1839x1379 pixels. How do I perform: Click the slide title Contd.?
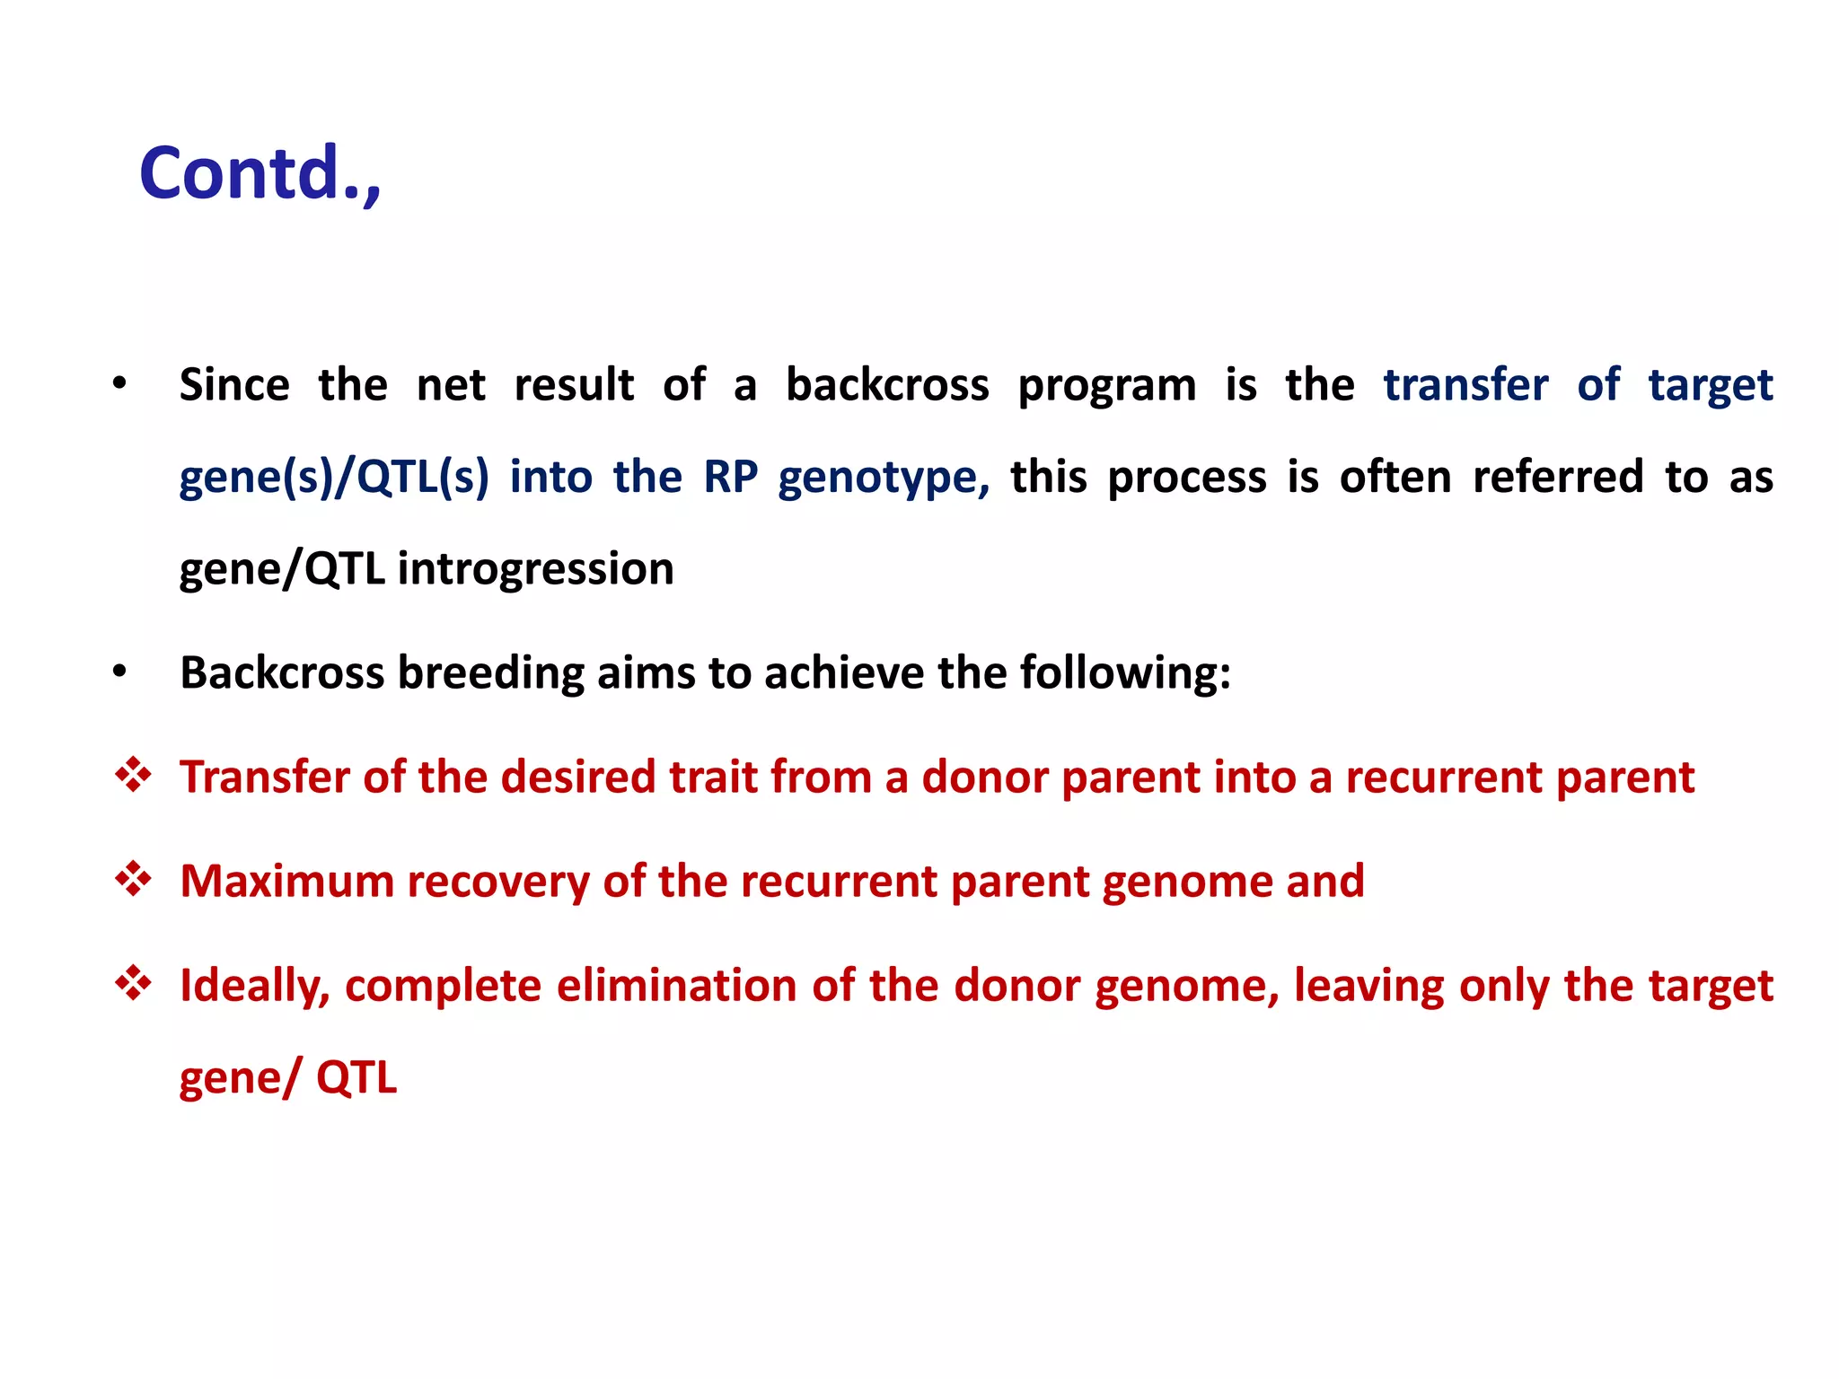click(x=260, y=174)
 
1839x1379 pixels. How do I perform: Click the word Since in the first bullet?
click(x=233, y=385)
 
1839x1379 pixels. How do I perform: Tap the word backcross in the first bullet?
click(x=886, y=385)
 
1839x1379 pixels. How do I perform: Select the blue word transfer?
click(x=1465, y=385)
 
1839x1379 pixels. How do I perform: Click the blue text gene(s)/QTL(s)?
click(x=333, y=478)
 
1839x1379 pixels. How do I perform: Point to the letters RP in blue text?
click(x=730, y=478)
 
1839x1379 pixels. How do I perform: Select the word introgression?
click(x=535, y=569)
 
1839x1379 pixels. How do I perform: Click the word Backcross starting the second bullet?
click(x=281, y=673)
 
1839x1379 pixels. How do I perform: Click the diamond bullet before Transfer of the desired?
click(x=133, y=775)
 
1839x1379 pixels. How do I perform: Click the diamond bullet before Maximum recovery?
click(x=133, y=879)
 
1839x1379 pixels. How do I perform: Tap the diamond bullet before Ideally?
click(x=133, y=983)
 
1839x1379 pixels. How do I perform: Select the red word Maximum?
click(x=286, y=882)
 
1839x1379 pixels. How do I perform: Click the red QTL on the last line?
click(x=356, y=1078)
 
